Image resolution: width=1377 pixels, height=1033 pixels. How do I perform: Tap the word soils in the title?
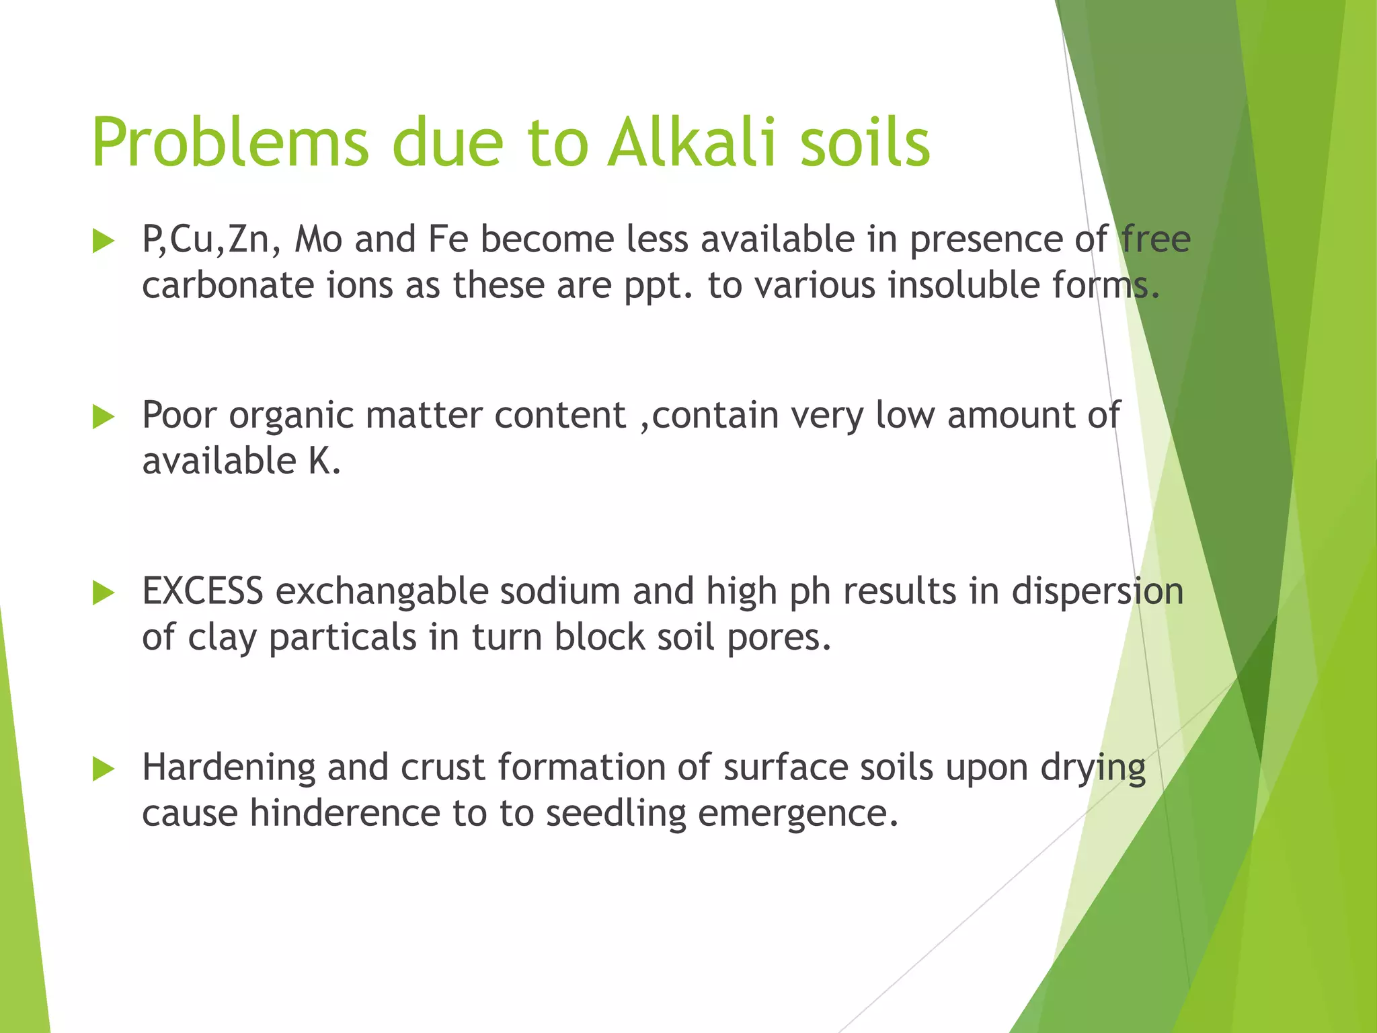(865, 143)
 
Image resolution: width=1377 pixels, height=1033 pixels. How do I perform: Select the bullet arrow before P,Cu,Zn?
(104, 241)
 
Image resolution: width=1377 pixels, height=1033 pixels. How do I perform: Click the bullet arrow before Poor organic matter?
(104, 417)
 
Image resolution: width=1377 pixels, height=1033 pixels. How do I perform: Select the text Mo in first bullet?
(319, 239)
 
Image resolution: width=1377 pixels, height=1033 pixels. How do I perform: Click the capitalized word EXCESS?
(202, 592)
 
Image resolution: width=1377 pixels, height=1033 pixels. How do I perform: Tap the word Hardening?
(229, 769)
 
